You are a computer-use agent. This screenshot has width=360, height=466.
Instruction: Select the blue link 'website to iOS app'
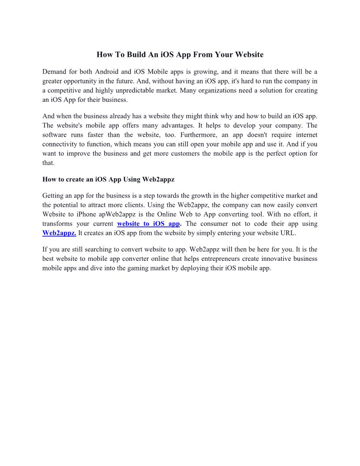pyautogui.click(x=148, y=223)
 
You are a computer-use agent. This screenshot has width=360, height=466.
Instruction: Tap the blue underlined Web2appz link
pyautogui.click(x=59, y=233)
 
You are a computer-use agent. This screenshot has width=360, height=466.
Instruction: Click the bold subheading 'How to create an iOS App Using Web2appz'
pyautogui.click(x=109, y=180)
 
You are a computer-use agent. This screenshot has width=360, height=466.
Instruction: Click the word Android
pyautogui.click(x=109, y=72)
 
